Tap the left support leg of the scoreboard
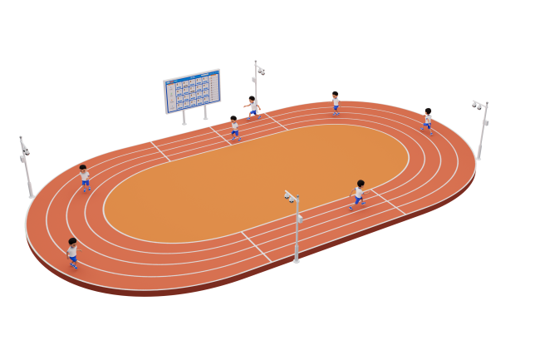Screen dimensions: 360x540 pyautogui.click(x=184, y=117)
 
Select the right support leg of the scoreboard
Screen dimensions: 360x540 pyautogui.click(x=205, y=112)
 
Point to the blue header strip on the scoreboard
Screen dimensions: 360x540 pyautogui.click(x=191, y=77)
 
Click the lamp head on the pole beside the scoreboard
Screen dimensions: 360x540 pyautogui.click(x=259, y=70)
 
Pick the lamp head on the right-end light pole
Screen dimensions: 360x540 pyautogui.click(x=478, y=106)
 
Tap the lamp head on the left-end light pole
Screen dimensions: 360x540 pyautogui.click(x=25, y=150)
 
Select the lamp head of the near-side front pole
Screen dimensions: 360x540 pyautogui.click(x=291, y=197)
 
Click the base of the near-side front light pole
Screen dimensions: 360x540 pyautogui.click(x=296, y=260)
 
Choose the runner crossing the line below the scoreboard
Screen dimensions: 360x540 pyautogui.click(x=234, y=127)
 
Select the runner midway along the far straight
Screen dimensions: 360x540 pyautogui.click(x=336, y=102)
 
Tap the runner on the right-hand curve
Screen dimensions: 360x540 pyautogui.click(x=428, y=120)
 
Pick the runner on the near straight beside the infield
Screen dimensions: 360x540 pyautogui.click(x=359, y=194)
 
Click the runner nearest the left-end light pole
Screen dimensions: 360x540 pyautogui.click(x=85, y=178)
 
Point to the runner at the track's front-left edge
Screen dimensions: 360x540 pyautogui.click(x=73, y=253)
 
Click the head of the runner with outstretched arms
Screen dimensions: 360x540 pyautogui.click(x=252, y=99)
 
